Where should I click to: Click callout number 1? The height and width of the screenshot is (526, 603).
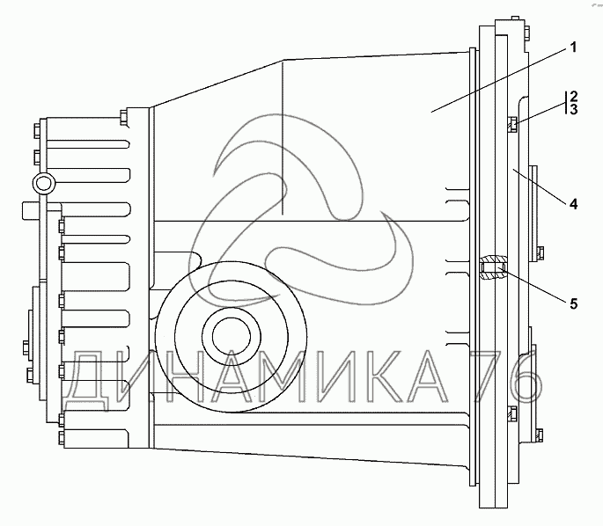coord(573,48)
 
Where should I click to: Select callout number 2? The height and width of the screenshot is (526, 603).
coord(573,96)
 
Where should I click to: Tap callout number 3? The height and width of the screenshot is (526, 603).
coord(573,109)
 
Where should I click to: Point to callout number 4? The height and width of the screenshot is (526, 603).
coord(573,204)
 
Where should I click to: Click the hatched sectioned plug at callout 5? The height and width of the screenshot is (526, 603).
coord(493,267)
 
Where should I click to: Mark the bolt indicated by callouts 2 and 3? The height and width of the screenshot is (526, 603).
coord(513,124)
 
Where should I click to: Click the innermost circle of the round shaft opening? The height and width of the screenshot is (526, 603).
coord(232,337)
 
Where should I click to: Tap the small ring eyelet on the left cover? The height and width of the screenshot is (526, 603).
coord(43,183)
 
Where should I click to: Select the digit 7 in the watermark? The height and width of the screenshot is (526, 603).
coord(490,376)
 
